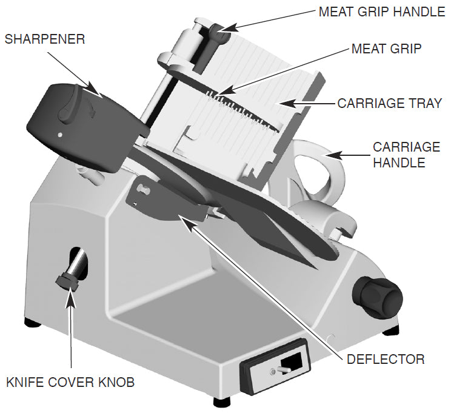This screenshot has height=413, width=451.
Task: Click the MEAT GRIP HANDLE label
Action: pos(381,12)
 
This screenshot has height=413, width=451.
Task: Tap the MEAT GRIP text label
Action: pos(386,49)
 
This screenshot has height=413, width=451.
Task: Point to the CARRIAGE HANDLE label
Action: pos(406,155)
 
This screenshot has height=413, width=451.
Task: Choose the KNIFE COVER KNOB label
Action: pos(70,383)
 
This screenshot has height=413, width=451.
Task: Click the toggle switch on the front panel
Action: pos(281,369)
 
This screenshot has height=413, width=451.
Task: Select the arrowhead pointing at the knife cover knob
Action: pos(72,292)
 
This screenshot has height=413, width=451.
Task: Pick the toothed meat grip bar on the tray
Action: pos(242,109)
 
